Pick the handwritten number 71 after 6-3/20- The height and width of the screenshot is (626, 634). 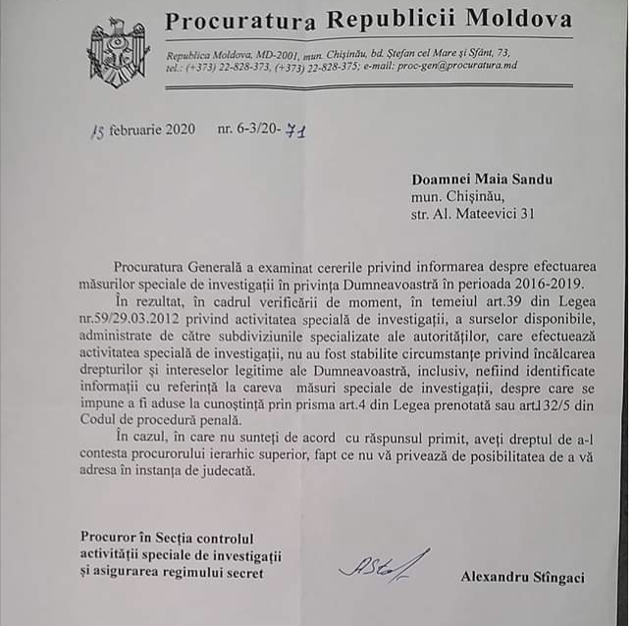295,130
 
